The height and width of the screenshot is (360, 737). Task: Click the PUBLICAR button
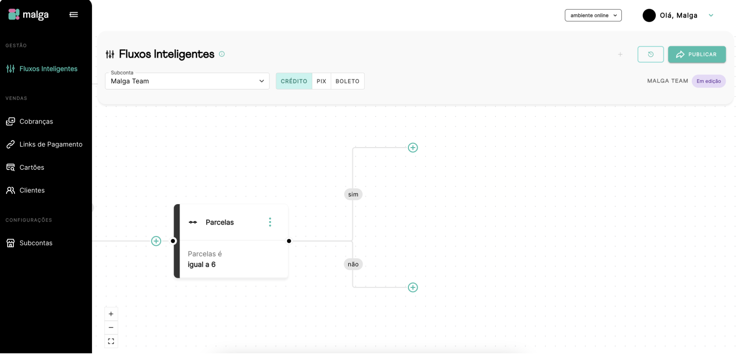(696, 55)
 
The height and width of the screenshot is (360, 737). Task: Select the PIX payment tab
(321, 81)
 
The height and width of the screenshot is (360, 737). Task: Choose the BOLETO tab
(348, 81)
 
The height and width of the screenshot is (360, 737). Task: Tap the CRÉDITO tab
(294, 81)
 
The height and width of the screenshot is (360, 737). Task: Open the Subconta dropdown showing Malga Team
(187, 81)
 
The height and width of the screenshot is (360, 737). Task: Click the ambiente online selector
(593, 15)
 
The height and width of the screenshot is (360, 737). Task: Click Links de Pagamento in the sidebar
(44, 145)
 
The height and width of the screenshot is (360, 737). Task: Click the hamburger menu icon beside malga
(74, 14)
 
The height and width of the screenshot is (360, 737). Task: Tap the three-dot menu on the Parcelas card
(270, 222)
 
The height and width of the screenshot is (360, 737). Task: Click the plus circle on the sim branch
(412, 148)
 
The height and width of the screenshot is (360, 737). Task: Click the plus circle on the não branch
(412, 287)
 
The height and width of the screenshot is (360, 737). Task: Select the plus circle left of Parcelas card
(156, 241)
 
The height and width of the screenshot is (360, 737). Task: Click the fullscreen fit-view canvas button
(111, 341)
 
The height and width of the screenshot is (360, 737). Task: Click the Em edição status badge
(708, 81)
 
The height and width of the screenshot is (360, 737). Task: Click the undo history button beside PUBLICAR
(651, 55)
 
